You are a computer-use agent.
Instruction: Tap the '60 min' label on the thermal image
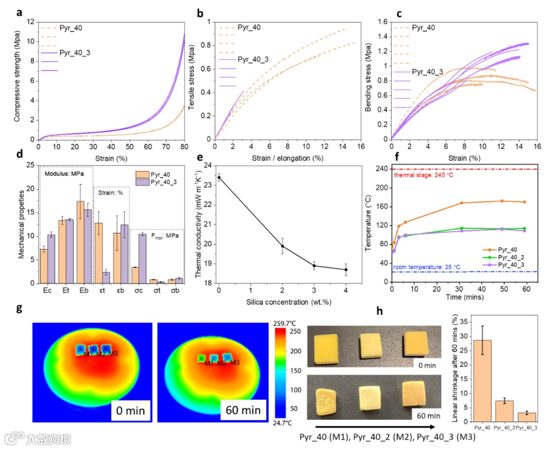(x=241, y=410)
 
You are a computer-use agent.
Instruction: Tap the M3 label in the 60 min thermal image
(x=235, y=363)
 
